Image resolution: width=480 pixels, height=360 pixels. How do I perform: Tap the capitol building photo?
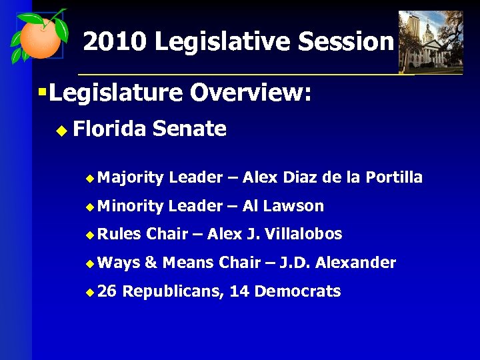430,41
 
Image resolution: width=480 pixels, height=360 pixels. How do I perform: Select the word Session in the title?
346,42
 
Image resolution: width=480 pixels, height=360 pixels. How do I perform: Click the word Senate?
189,128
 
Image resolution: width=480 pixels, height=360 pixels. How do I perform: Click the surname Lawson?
293,206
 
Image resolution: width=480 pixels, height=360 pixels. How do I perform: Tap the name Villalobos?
305,234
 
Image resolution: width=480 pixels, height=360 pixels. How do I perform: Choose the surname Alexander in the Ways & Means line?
355,263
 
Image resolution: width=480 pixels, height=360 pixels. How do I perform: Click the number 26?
111,291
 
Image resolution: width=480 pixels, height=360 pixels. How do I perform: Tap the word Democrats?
298,291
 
